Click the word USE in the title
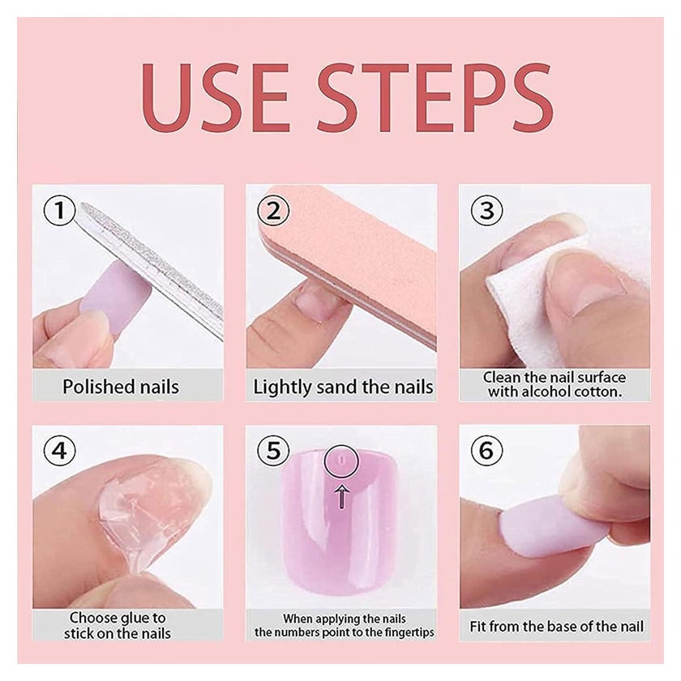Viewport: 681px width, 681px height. click(x=215, y=97)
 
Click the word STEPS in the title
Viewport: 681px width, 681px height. click(x=435, y=97)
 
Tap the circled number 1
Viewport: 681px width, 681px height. click(x=59, y=210)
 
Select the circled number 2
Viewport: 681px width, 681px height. click(x=273, y=210)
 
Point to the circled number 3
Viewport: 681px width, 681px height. click(x=487, y=210)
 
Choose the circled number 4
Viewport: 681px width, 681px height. click(x=59, y=450)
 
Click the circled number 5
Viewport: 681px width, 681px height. click(x=273, y=450)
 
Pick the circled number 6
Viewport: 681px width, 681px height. click(x=487, y=450)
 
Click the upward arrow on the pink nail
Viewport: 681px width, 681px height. click(x=342, y=497)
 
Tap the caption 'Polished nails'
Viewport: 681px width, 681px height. click(x=121, y=387)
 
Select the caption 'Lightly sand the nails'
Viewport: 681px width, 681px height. click(x=343, y=387)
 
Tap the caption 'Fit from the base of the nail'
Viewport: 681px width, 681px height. click(x=556, y=626)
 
